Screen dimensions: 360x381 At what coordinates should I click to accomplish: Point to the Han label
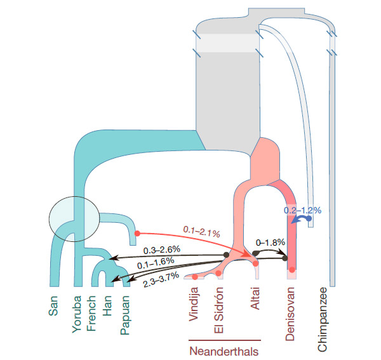click(109, 305)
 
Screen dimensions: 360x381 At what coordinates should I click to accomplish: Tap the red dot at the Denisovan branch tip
click(292, 270)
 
